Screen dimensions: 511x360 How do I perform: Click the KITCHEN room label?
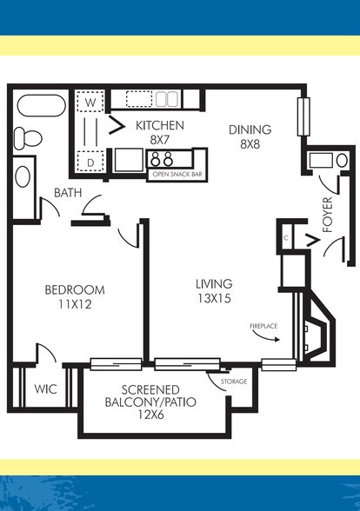pos(159,125)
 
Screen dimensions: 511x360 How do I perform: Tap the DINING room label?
pos(250,129)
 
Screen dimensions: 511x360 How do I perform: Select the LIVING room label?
pos(213,284)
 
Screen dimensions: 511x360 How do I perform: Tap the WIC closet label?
pos(46,388)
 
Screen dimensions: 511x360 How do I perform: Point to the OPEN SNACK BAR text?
pos(177,174)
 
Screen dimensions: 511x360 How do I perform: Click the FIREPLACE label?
pos(263,326)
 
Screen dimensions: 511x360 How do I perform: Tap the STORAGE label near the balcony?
pos(233,382)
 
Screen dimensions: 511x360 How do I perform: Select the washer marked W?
pos(88,102)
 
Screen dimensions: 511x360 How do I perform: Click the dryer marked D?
pos(88,161)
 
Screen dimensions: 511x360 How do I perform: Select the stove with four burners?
pos(161,159)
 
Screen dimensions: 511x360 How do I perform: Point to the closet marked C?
pos(286,236)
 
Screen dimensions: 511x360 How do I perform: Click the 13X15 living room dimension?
pos(213,300)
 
